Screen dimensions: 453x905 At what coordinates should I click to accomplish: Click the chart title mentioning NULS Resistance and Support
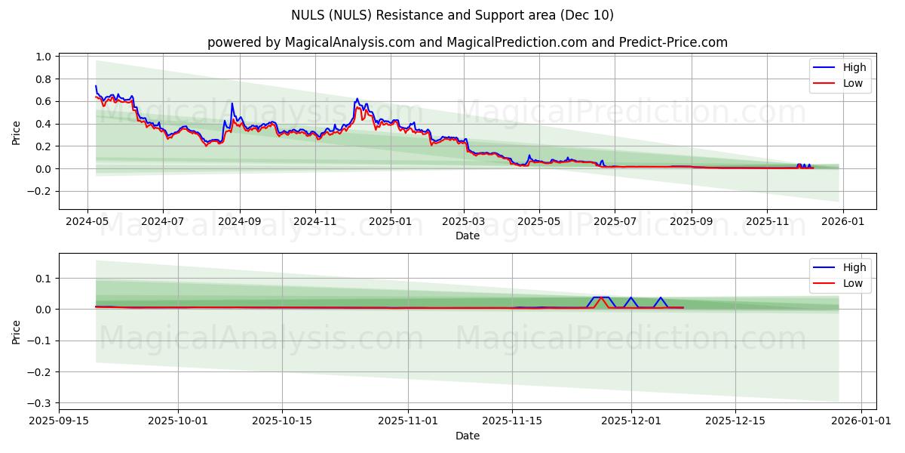[x=452, y=15]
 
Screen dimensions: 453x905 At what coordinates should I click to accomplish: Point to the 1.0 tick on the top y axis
[x=42, y=57]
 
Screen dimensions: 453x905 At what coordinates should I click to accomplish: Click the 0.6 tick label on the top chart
[x=42, y=101]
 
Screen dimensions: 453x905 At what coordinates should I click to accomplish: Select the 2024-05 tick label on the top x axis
[x=87, y=223]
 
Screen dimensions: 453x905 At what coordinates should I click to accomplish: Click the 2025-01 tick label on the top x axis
[x=390, y=223]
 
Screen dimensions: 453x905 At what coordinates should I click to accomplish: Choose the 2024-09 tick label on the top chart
[x=240, y=223]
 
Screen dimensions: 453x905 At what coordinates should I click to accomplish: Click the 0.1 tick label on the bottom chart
[x=42, y=279]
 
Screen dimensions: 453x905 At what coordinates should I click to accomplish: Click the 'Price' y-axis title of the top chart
[x=17, y=131]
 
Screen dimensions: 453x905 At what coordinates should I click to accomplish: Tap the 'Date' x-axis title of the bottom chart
[x=468, y=436]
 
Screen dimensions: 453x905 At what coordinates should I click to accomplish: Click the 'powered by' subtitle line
[x=468, y=42]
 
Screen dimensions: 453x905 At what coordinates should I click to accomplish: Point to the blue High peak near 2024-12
[x=357, y=98]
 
